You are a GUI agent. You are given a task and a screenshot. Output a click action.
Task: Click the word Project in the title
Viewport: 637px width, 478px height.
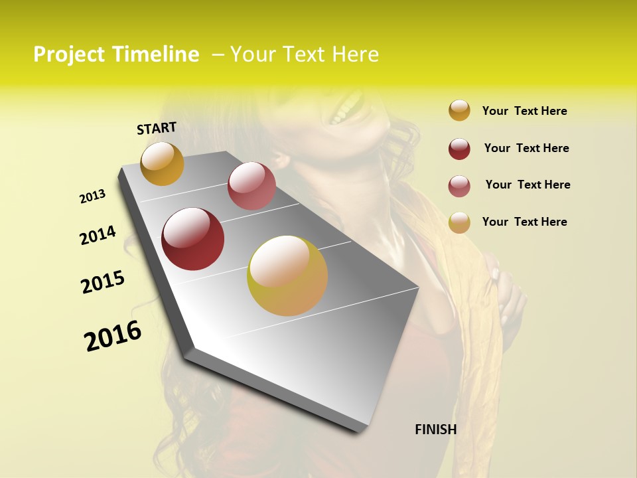point(68,55)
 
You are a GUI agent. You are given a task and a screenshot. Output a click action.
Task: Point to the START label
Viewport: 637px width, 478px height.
point(157,128)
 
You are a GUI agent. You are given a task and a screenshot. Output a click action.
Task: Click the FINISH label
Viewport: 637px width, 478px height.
point(436,430)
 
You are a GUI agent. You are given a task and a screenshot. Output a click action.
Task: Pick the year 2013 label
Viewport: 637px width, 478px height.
point(93,197)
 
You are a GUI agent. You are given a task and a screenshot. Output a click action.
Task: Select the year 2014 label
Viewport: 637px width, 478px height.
point(98,236)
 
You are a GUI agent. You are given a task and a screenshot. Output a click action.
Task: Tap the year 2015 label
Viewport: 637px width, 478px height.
point(103,282)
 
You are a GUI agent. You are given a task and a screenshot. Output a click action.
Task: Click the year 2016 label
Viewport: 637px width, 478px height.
point(113,336)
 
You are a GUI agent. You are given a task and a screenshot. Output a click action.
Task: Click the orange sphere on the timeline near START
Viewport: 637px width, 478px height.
point(162,163)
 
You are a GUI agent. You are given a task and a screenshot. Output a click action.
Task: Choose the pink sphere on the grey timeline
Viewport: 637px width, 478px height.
point(251,186)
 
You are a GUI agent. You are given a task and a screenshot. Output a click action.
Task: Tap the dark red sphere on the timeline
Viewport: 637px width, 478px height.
point(193,239)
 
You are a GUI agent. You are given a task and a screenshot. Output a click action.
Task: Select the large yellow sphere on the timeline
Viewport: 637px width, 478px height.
point(287,276)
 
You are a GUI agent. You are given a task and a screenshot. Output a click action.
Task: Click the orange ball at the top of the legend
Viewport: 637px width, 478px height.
point(459,110)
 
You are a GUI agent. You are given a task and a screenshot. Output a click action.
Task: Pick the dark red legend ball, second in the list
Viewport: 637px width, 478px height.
point(459,149)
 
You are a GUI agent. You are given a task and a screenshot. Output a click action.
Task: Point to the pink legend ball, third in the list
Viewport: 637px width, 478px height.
point(459,186)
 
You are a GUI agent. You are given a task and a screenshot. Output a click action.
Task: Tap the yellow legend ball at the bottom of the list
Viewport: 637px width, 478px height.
point(459,222)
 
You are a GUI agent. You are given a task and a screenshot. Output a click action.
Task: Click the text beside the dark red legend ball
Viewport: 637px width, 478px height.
point(526,148)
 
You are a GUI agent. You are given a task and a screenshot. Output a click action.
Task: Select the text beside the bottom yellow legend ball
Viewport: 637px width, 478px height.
point(524,222)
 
